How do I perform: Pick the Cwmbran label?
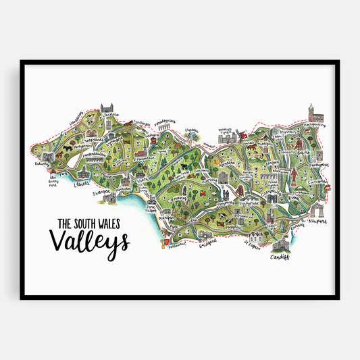317,182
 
